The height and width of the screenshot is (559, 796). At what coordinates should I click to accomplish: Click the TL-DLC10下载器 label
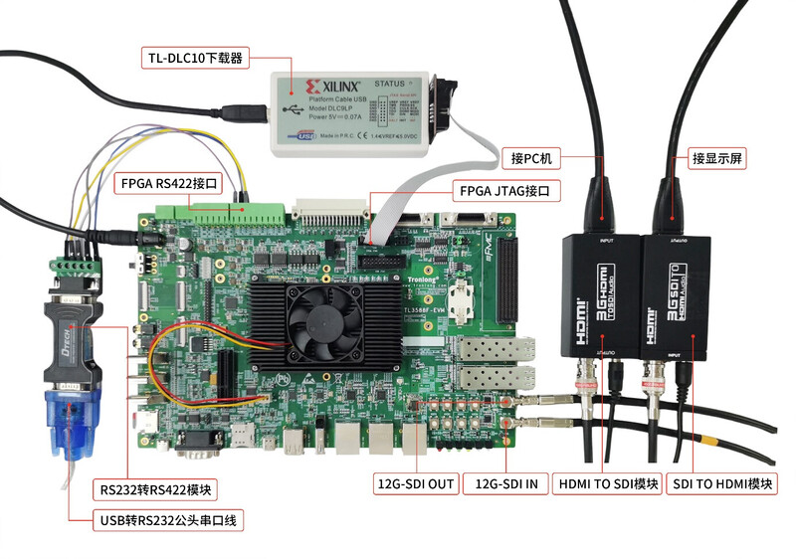tap(195, 57)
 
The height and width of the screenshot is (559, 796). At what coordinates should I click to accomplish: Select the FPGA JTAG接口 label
tap(501, 191)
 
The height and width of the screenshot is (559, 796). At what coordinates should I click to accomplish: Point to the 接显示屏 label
tap(719, 158)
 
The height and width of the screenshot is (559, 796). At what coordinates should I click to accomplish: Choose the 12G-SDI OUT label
tap(415, 484)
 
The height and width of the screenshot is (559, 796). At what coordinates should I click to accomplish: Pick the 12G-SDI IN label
tap(507, 484)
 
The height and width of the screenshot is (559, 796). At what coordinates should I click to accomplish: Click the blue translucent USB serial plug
tap(69, 412)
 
